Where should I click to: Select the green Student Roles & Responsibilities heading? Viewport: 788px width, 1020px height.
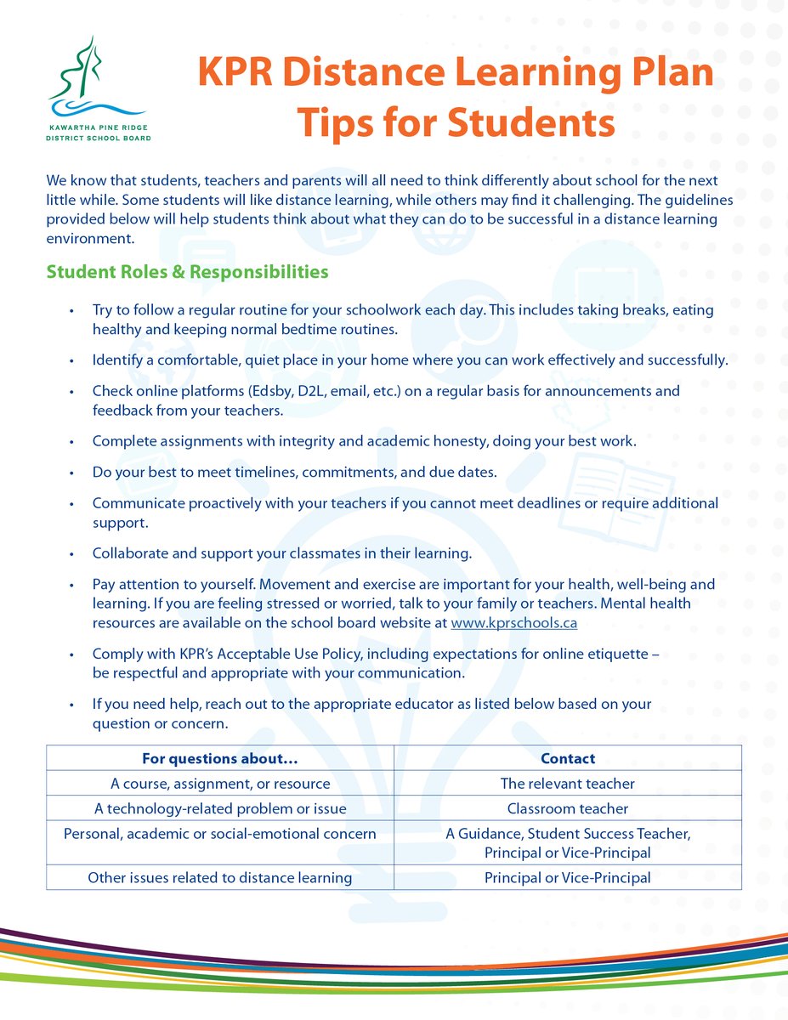[x=187, y=272]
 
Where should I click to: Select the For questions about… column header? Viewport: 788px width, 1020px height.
[x=220, y=758]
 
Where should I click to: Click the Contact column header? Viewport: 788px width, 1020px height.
[x=568, y=758]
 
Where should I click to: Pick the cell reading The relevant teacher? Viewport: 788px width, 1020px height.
[x=568, y=783]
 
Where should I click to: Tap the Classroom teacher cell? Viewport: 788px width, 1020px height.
[x=568, y=808]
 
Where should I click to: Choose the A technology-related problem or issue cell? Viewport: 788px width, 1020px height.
[x=220, y=808]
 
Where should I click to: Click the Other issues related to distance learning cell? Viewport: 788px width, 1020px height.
[x=220, y=877]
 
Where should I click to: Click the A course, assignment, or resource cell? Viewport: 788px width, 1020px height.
[x=220, y=783]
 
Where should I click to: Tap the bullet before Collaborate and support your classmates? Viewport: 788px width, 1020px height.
[x=73, y=553]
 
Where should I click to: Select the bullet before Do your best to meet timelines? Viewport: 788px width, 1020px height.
[x=73, y=472]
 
